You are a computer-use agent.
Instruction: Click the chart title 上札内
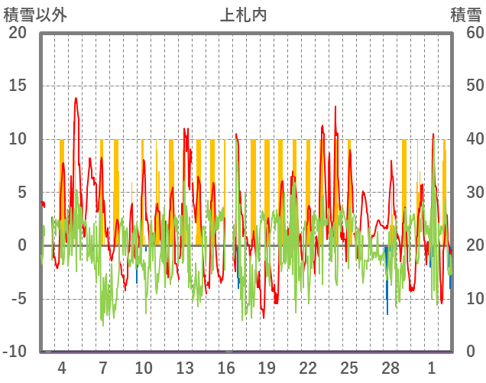pyautogui.click(x=243, y=15)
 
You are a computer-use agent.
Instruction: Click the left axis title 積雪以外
pyautogui.click(x=36, y=15)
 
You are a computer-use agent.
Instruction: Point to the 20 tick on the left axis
pyautogui.click(x=17, y=33)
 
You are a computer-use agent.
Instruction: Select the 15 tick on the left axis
pyautogui.click(x=17, y=86)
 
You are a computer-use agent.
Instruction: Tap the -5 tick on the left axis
pyautogui.click(x=17, y=299)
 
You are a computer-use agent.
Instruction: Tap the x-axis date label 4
pyautogui.click(x=62, y=368)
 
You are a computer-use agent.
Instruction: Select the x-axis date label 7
pyautogui.click(x=102, y=368)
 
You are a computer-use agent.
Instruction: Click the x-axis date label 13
pyautogui.click(x=185, y=368)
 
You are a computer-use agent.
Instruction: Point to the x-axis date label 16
pyautogui.click(x=226, y=368)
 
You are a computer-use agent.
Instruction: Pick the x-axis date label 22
pyautogui.click(x=308, y=368)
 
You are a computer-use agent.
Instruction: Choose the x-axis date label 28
pyautogui.click(x=390, y=368)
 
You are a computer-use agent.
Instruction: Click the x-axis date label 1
pyautogui.click(x=432, y=368)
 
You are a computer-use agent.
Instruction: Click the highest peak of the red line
pyautogui.click(x=76, y=98)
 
